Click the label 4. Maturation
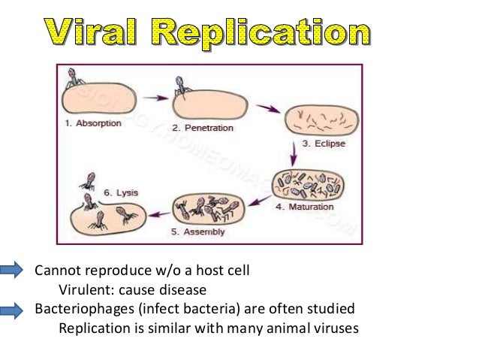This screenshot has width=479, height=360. click(319, 206)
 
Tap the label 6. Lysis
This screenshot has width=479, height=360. click(118, 192)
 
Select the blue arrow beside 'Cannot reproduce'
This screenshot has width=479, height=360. click(17, 271)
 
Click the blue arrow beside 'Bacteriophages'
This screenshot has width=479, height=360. click(17, 308)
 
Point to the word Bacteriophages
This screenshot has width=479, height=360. click(79, 308)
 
